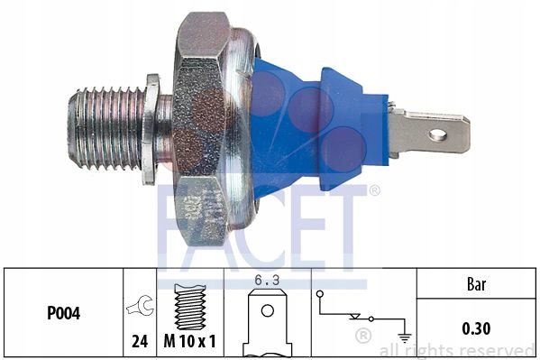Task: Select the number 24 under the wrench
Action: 140,341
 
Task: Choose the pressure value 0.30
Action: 476,328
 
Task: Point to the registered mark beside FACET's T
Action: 374,190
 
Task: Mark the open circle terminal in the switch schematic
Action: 321,293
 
